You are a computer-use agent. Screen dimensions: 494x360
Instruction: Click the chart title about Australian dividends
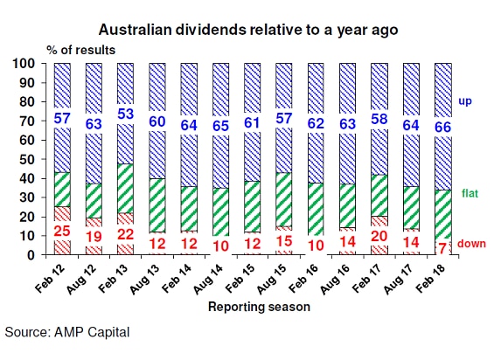[x=248, y=30]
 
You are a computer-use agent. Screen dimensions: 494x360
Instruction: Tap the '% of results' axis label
[x=81, y=50]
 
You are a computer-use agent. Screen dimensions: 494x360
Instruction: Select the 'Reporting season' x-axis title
[x=259, y=307]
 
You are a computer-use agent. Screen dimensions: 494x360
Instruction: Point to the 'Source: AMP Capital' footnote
[x=67, y=333]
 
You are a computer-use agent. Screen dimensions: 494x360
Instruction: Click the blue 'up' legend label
[x=464, y=101]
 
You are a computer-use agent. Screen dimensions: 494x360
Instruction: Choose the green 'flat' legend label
[x=470, y=193]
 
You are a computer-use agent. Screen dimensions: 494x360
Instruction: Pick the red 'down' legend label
[x=471, y=244]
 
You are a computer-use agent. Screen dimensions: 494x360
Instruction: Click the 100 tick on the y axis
[x=27, y=64]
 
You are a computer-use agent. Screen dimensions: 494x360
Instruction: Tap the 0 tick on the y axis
[x=31, y=255]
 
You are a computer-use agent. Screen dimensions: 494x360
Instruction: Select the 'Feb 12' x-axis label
[x=50, y=279]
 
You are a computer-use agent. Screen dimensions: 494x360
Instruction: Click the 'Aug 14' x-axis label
[x=208, y=279]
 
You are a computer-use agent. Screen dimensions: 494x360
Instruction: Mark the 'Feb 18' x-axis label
[x=431, y=279]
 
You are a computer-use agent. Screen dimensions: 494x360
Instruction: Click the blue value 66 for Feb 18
[x=443, y=128]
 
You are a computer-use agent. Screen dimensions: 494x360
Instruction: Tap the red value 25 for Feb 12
[x=62, y=232]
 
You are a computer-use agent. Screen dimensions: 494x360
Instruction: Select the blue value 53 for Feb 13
[x=125, y=114]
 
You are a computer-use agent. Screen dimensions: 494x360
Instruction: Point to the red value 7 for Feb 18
[x=442, y=249]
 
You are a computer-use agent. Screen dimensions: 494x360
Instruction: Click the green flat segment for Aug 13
[x=157, y=205]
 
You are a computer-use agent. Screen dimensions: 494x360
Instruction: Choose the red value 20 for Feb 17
[x=379, y=236]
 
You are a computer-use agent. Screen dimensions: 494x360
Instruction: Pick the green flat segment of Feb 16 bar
[x=316, y=209]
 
